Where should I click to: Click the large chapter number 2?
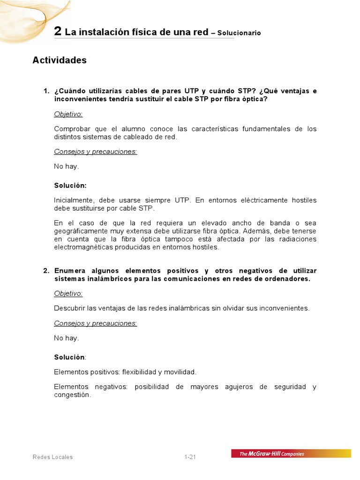tap(58, 31)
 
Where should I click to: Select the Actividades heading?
tap(60, 60)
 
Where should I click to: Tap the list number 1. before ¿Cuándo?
tap(46, 91)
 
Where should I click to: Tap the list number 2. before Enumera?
tap(46, 271)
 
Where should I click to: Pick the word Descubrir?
tap(69, 308)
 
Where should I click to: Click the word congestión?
tap(71, 395)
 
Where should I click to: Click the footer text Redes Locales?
tap(52, 457)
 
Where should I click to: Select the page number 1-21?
tap(190, 457)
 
